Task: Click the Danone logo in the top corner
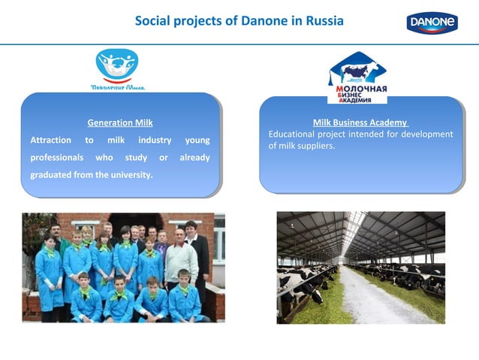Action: click(x=432, y=23)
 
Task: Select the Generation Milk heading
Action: click(x=120, y=122)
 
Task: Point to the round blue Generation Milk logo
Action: click(x=117, y=63)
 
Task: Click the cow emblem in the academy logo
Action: click(x=357, y=71)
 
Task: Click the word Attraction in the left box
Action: click(x=50, y=140)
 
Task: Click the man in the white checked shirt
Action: click(x=180, y=259)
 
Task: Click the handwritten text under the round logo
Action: click(x=118, y=86)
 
